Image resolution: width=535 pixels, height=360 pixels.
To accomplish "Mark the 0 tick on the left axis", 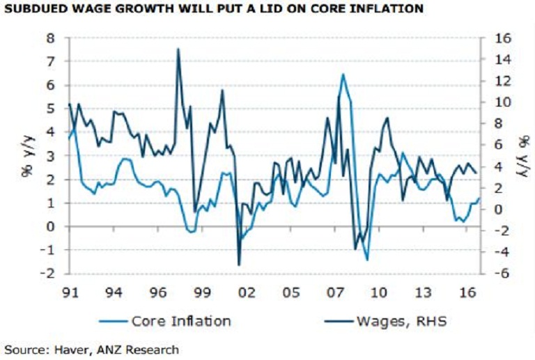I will pos(50,226).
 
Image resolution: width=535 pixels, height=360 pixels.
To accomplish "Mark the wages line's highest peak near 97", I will pos(178,49).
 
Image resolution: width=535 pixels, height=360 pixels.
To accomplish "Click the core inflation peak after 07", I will pos(343,74).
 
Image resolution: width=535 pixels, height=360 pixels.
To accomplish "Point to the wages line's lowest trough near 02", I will pos(239,265).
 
